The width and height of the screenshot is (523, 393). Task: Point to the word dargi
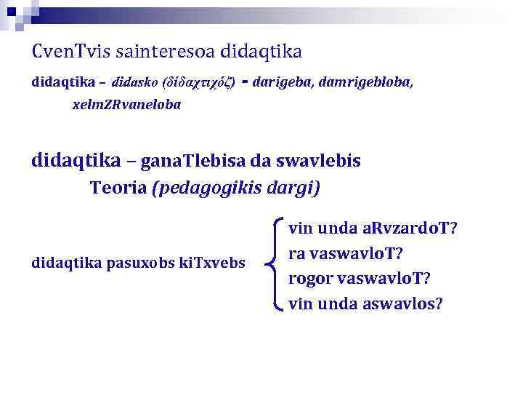tap(291, 188)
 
